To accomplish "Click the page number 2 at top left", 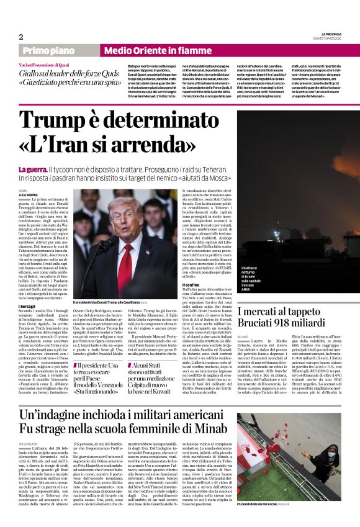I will point(21,37).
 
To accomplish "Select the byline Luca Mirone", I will point(28,196).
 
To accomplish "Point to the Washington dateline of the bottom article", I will point(29,444).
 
